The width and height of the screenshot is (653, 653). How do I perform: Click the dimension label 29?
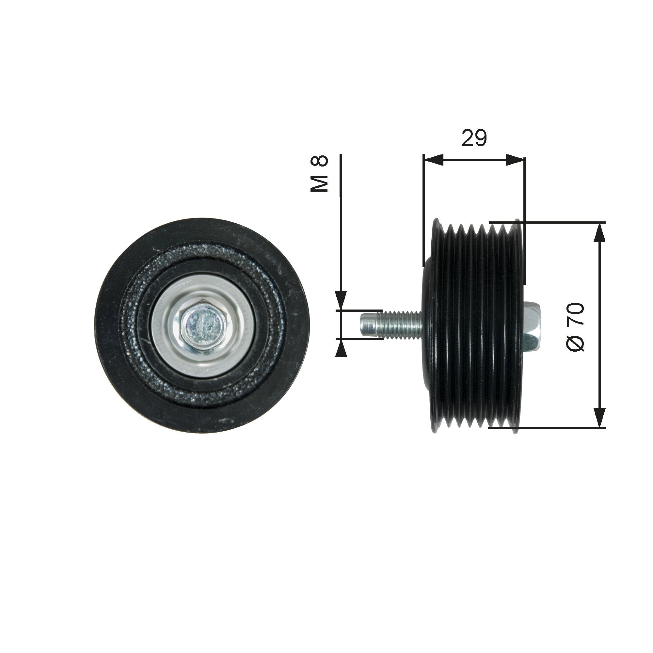(x=474, y=138)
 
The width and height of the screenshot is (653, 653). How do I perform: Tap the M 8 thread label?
(x=319, y=174)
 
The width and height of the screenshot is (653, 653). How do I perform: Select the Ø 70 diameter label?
(x=575, y=327)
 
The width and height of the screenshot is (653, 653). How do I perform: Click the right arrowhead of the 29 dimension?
(x=516, y=160)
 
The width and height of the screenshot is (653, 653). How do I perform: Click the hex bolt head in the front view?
(x=202, y=325)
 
